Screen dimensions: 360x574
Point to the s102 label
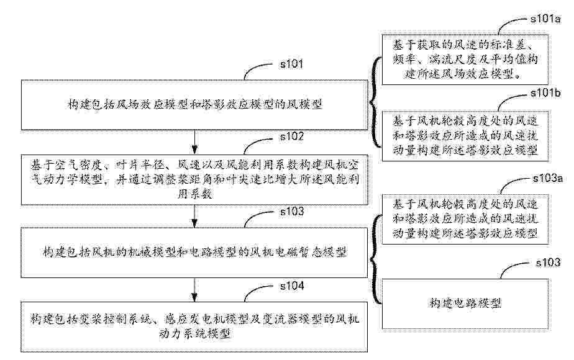click(292, 135)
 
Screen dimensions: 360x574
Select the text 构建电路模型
click(465, 304)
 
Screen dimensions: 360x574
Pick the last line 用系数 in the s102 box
click(195, 194)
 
